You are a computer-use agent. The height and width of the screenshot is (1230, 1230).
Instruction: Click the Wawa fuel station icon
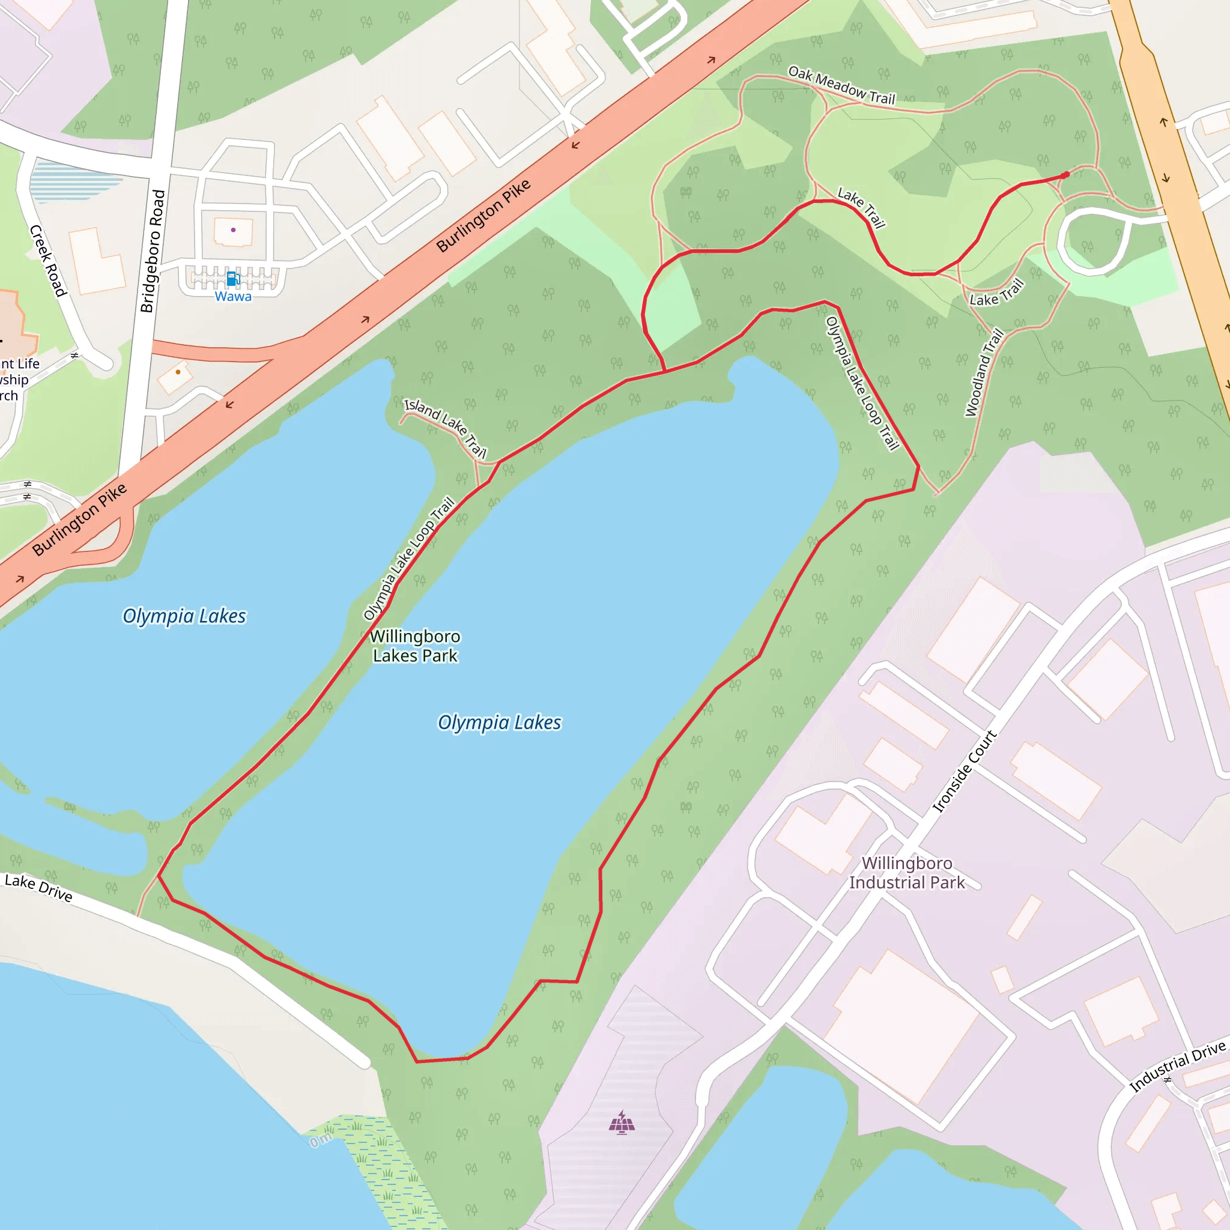click(x=233, y=278)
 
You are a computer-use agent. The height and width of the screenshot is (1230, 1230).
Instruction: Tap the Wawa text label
click(x=233, y=297)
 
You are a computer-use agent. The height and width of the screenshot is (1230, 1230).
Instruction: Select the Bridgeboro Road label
click(x=152, y=252)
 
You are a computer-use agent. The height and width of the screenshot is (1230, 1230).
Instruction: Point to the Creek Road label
click(x=48, y=261)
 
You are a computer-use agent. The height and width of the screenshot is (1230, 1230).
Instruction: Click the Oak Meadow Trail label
click(x=841, y=85)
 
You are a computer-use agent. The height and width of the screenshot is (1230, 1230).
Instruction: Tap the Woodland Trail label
click(x=984, y=372)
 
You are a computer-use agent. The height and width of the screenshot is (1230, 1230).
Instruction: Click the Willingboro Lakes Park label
click(x=415, y=646)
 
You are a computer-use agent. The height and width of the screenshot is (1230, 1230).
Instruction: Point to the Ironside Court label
click(x=965, y=771)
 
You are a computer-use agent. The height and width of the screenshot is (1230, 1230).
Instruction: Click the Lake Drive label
click(x=38, y=888)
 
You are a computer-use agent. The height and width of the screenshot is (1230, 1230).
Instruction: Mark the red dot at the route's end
click(x=1066, y=175)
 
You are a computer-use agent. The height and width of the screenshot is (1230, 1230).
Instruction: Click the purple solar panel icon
click(x=622, y=1122)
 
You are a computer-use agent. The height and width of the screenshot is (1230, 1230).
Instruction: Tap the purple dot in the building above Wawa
click(x=234, y=230)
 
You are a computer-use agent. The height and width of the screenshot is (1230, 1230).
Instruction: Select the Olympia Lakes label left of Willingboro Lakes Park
click(x=184, y=616)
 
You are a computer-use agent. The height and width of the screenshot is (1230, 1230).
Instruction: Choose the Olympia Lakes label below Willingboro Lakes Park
click(x=499, y=723)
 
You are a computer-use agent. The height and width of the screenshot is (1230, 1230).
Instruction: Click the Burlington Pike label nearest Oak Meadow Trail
click(x=483, y=215)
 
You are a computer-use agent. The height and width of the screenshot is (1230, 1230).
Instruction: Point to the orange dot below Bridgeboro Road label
click(x=178, y=372)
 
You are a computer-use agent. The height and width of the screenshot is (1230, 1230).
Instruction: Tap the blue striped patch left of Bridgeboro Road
click(x=75, y=181)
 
